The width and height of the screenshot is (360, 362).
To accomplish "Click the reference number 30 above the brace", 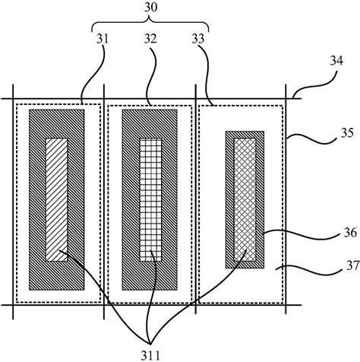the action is click(151, 8).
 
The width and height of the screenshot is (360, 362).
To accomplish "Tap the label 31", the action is click(103, 39).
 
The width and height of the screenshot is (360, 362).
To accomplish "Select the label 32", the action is click(150, 39).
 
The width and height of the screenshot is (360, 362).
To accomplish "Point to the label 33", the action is click(197, 39).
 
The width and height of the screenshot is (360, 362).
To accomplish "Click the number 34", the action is click(336, 61).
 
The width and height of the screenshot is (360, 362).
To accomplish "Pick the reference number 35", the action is click(347, 133).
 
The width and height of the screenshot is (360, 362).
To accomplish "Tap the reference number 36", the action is click(350, 233).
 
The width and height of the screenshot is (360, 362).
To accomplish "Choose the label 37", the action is click(353, 266).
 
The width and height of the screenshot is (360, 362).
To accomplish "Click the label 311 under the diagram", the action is click(150, 356).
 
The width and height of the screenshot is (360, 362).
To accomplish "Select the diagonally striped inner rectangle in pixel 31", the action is click(57, 200).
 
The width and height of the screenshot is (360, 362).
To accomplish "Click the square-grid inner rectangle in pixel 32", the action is click(150, 200).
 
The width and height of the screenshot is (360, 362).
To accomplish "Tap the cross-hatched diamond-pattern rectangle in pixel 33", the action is click(245, 200).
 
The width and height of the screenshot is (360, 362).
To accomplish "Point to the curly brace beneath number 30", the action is click(150, 22).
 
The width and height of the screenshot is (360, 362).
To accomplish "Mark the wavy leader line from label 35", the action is click(312, 139).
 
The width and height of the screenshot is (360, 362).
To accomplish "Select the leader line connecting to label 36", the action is click(302, 235).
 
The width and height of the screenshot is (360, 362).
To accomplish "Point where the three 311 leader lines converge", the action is click(150, 344).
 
